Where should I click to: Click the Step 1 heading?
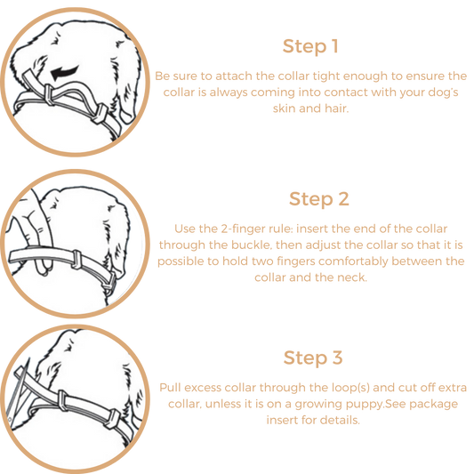point(310,46)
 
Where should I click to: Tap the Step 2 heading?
point(319,199)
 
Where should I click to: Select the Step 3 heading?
point(313,358)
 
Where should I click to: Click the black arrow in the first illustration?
point(65,73)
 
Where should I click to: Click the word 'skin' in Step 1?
point(285,108)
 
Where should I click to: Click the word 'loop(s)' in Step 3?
point(350,388)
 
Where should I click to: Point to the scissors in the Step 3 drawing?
point(17,393)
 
